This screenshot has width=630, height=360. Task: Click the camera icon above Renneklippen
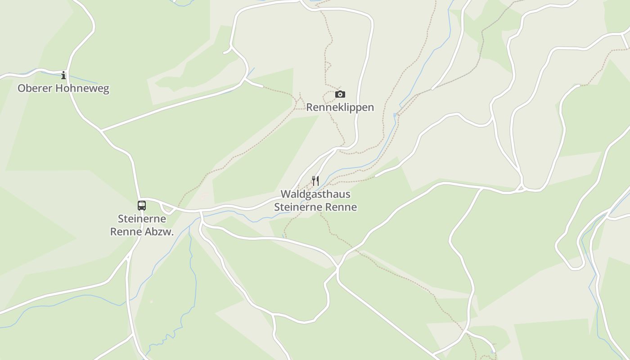pyautogui.click(x=340, y=94)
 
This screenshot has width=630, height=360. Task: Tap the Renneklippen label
pyautogui.click(x=340, y=107)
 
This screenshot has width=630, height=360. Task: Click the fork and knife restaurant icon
pyautogui.click(x=315, y=181)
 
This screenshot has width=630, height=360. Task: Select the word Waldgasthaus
pyautogui.click(x=315, y=194)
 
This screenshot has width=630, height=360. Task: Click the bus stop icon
pyautogui.click(x=142, y=206)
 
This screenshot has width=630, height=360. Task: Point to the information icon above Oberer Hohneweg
pyautogui.click(x=63, y=75)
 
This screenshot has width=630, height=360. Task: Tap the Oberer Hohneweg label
pyautogui.click(x=63, y=88)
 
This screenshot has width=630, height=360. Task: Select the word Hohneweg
pyautogui.click(x=83, y=88)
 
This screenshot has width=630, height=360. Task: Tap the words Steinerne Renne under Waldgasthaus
pyautogui.click(x=315, y=207)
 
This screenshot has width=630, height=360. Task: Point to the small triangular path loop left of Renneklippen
pyautogui.click(x=299, y=105)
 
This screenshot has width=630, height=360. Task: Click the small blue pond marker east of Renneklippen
pyautogui.click(x=395, y=115)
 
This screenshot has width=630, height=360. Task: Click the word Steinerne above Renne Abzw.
pyautogui.click(x=142, y=219)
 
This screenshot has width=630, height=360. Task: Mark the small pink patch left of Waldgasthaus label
pyautogui.click(x=204, y=195)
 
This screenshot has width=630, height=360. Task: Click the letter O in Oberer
pyautogui.click(x=21, y=88)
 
